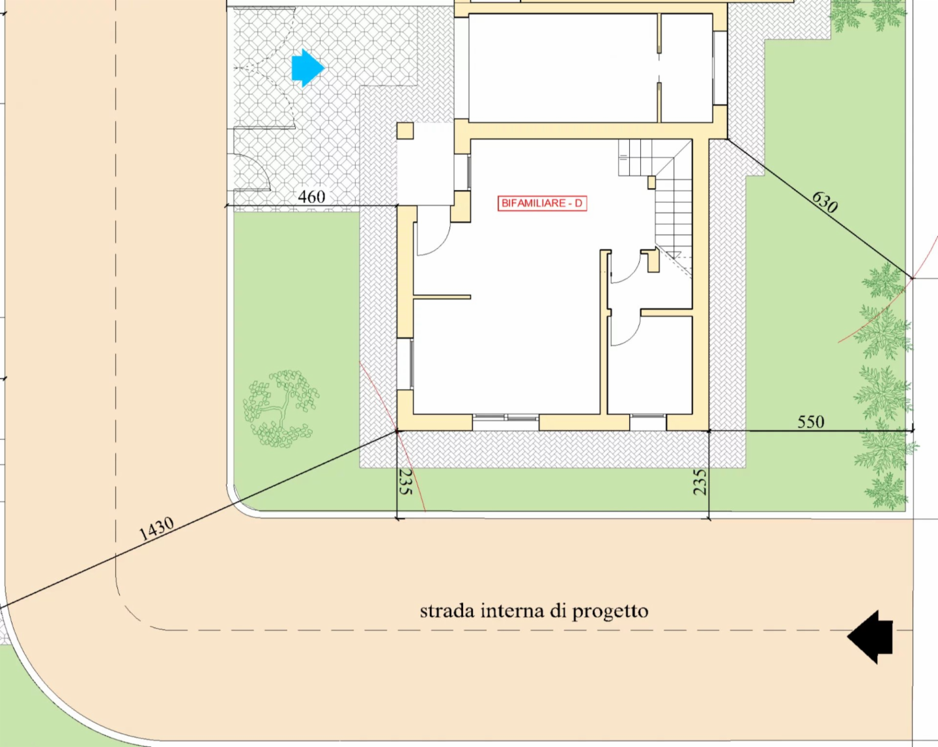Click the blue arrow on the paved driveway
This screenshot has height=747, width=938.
coord(307,68)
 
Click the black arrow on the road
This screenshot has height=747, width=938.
coord(870,637)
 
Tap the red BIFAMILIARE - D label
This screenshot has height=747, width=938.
coord(542,204)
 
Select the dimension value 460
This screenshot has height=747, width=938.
coord(311,197)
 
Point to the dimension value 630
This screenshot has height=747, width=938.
coord(825,202)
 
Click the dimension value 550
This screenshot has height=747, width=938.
coord(811,422)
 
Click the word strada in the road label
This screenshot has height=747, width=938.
coord(447,610)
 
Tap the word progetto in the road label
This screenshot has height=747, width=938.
coord(610,612)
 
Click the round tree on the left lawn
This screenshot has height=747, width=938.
coord(281,408)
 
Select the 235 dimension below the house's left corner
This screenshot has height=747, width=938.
coord(405,482)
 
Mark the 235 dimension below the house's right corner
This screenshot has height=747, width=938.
coord(699,482)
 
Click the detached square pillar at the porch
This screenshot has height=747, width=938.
coord(405,131)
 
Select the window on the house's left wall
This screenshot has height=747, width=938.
coord(405,364)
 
